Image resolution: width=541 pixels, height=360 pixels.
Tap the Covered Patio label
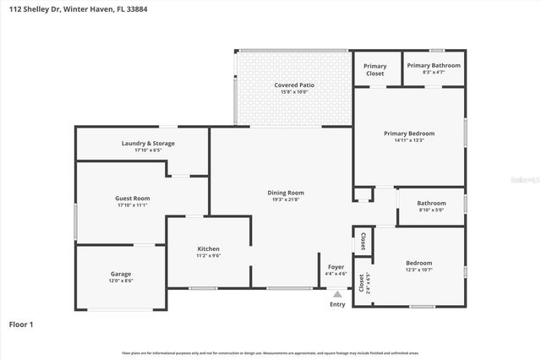(x=293, y=85)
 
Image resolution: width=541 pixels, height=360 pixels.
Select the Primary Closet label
(x=374, y=69)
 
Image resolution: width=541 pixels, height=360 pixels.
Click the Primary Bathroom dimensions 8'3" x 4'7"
(x=433, y=74)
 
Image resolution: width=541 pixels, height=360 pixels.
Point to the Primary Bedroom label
(x=409, y=134)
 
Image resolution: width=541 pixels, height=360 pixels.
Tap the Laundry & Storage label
(x=148, y=144)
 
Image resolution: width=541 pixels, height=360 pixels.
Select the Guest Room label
(x=132, y=199)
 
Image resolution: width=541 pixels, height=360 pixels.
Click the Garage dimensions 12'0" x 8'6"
(x=120, y=281)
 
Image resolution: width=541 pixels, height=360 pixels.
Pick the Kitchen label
(x=208, y=248)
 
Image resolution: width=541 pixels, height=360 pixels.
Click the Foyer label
(x=335, y=267)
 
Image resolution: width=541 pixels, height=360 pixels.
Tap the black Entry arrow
(x=337, y=294)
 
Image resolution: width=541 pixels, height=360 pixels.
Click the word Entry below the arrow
(x=337, y=304)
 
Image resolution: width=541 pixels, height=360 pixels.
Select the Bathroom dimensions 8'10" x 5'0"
(x=431, y=210)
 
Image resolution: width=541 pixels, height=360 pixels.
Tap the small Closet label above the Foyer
(x=362, y=240)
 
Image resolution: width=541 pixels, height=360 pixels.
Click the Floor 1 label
(x=21, y=324)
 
